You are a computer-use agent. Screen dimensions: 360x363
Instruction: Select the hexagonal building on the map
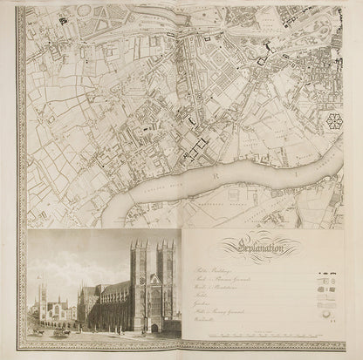click(x=333, y=121)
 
